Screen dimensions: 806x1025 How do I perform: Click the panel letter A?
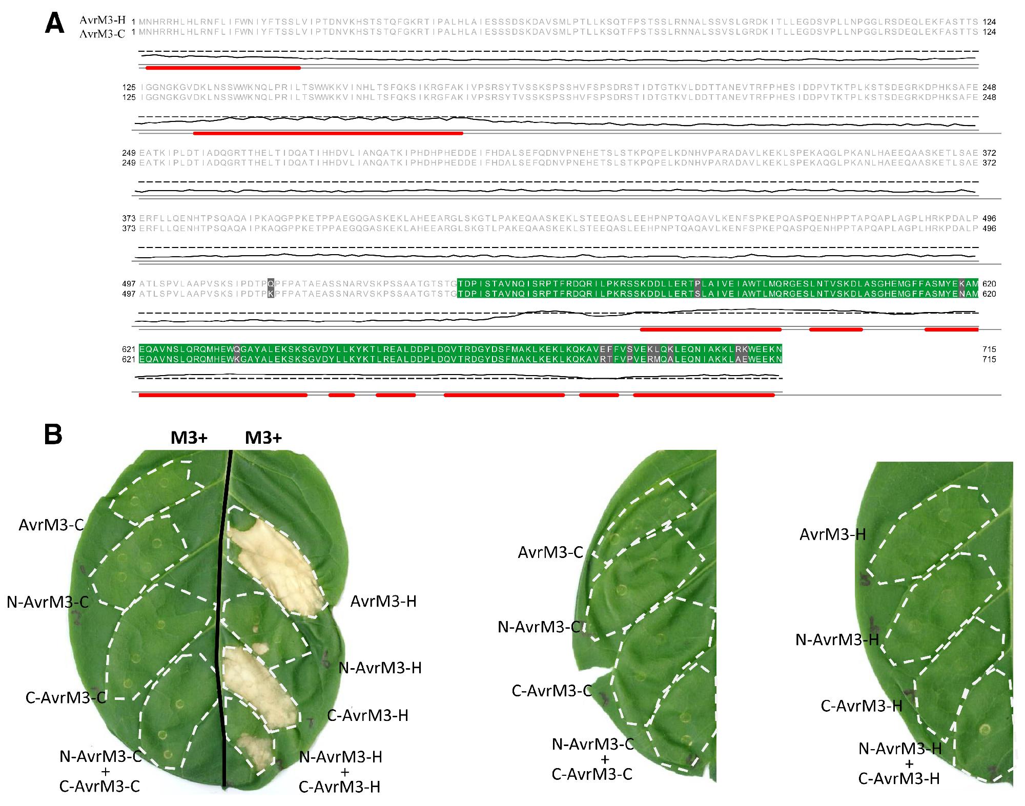(54, 24)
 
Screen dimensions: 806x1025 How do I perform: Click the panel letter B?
(53, 435)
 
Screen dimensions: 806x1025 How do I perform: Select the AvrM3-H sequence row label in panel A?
(102, 20)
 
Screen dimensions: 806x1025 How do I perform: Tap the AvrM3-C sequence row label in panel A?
(102, 33)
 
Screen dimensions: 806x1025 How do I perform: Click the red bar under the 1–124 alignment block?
(223, 68)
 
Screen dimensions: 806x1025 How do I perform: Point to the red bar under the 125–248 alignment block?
(328, 133)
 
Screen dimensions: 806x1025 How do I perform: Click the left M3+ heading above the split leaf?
(189, 438)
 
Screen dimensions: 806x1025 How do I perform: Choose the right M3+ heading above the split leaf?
(263, 438)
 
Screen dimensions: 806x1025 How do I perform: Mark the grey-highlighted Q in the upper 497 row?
(271, 283)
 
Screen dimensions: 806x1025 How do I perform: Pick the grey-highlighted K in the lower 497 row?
(271, 294)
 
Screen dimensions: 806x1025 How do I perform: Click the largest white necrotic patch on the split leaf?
(274, 564)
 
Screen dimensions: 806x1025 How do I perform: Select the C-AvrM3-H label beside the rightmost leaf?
(862, 706)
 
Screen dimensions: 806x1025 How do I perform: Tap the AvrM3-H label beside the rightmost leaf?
(833, 535)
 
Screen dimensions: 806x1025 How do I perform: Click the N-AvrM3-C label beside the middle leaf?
(539, 627)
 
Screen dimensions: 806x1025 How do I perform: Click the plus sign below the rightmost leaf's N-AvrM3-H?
(909, 764)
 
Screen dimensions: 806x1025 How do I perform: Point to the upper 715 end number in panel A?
(989, 349)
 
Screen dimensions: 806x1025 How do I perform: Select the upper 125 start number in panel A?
(129, 87)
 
